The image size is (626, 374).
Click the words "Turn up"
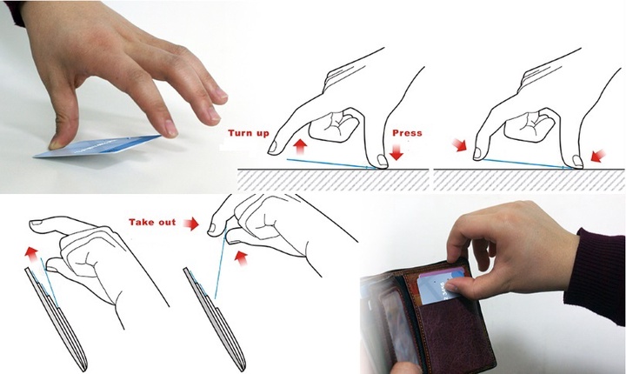tap(249, 133)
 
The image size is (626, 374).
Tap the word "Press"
tap(407, 133)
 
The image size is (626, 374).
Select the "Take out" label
tap(152, 222)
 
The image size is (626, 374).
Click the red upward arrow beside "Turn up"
tap(301, 147)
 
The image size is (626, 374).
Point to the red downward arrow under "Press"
tap(396, 152)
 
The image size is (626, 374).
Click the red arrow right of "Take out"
tap(190, 224)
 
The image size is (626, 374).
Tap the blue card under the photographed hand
tap(97, 147)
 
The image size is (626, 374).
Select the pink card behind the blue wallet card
tap(443, 272)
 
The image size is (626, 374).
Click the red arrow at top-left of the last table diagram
tap(459, 144)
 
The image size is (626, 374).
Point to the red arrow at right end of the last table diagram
tap(598, 157)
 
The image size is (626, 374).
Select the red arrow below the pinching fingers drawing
tap(241, 258)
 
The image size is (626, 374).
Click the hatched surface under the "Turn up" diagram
tap(333, 180)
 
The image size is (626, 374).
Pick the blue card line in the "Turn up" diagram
tap(332, 164)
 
